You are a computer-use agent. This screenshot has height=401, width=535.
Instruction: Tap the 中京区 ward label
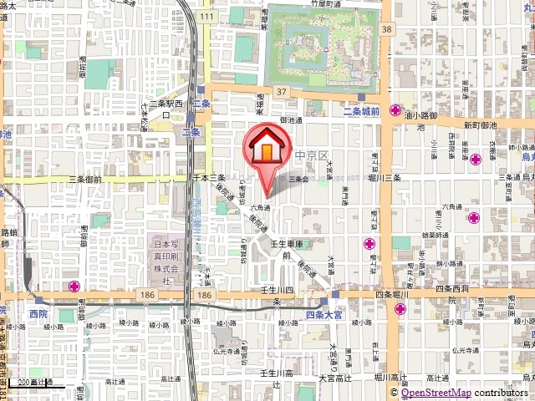tap(305, 155)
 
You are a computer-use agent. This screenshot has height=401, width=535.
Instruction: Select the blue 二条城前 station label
tap(361, 111)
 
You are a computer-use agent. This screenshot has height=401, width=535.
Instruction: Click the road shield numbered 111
tap(207, 17)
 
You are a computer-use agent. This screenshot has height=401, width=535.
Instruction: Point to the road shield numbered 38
tap(385, 28)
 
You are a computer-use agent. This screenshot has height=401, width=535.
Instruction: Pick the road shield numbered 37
tap(282, 92)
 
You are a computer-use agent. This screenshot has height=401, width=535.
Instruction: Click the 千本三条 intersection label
tap(210, 179)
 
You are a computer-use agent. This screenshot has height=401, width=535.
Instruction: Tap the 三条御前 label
tap(84, 179)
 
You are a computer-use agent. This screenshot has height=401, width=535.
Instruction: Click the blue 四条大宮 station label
tap(324, 315)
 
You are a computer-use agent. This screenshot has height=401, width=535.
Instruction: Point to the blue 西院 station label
tap(38, 313)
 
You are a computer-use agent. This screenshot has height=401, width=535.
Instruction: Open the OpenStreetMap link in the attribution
tap(436, 393)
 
